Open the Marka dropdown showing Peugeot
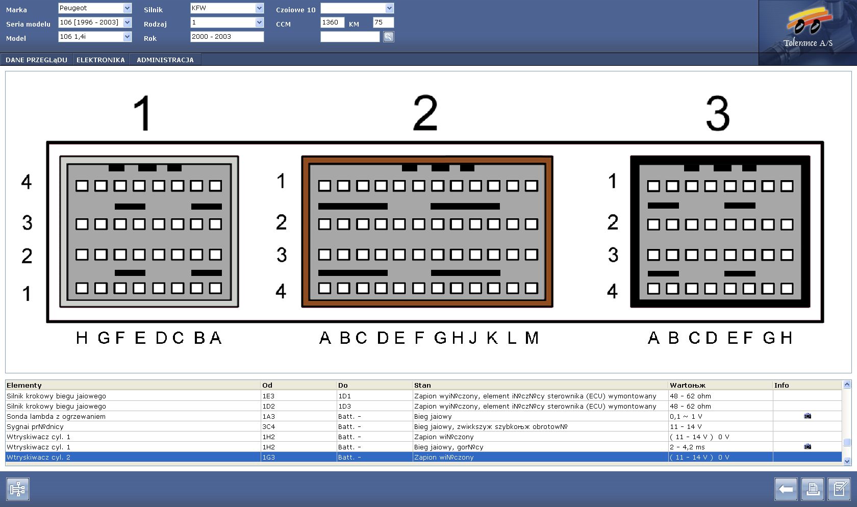tap(94, 8)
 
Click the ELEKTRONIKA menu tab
tap(100, 60)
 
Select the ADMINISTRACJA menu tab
tap(165, 60)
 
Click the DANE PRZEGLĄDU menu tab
tap(36, 60)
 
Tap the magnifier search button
tap(388, 37)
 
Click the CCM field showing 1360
tap(332, 22)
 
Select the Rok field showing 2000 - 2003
tap(227, 37)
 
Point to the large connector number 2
tap(425, 113)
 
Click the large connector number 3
tap(718, 113)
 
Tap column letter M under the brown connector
tap(532, 338)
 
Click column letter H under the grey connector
tap(82, 338)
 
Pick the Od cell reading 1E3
tap(268, 396)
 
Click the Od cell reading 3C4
tap(268, 426)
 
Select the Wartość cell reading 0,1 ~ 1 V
tap(686, 416)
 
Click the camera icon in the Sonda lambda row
tap(807, 416)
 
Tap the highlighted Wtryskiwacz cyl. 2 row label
tap(38, 457)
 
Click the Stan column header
tap(422, 385)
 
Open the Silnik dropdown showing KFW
tap(227, 8)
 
